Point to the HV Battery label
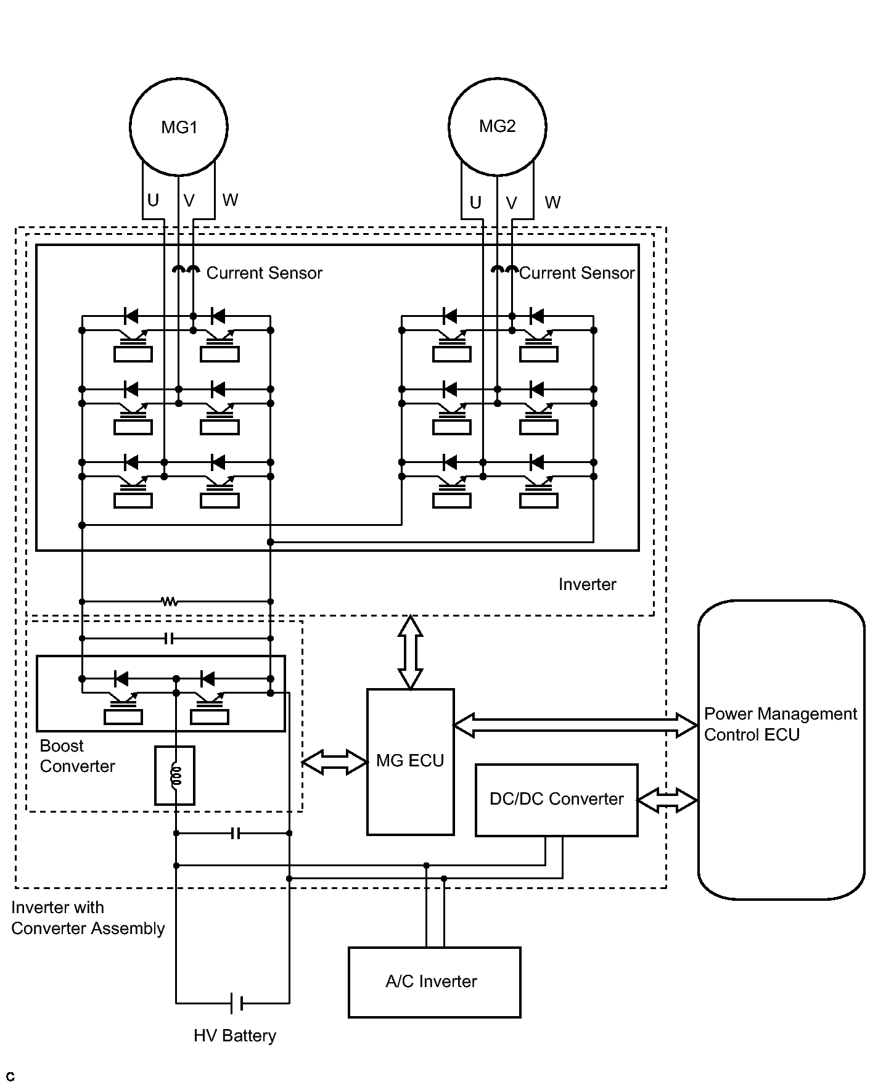pos(235,1035)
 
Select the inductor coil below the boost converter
pos(176,775)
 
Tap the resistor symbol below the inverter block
pos(170,601)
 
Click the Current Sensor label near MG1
pos(265,273)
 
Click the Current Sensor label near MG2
pos(577,273)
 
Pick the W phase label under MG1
pos(230,200)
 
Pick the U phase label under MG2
pos(475,203)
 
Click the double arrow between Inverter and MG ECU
pos(411,652)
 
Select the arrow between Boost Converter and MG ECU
pos(335,762)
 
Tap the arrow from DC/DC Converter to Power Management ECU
pos(668,800)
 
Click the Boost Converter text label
pos(77,756)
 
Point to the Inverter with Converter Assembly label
pos(88,918)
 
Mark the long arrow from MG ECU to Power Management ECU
pos(576,725)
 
